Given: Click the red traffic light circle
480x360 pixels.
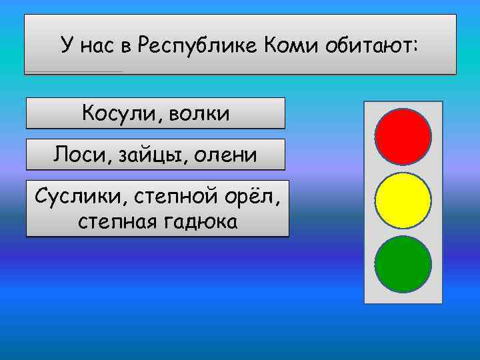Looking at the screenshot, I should [403, 135].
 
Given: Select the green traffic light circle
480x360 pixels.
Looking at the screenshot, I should [403, 264].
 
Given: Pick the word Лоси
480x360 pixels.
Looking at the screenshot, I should [77, 155].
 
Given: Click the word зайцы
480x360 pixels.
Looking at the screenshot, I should [147, 155].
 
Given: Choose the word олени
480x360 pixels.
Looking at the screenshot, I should [224, 155].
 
